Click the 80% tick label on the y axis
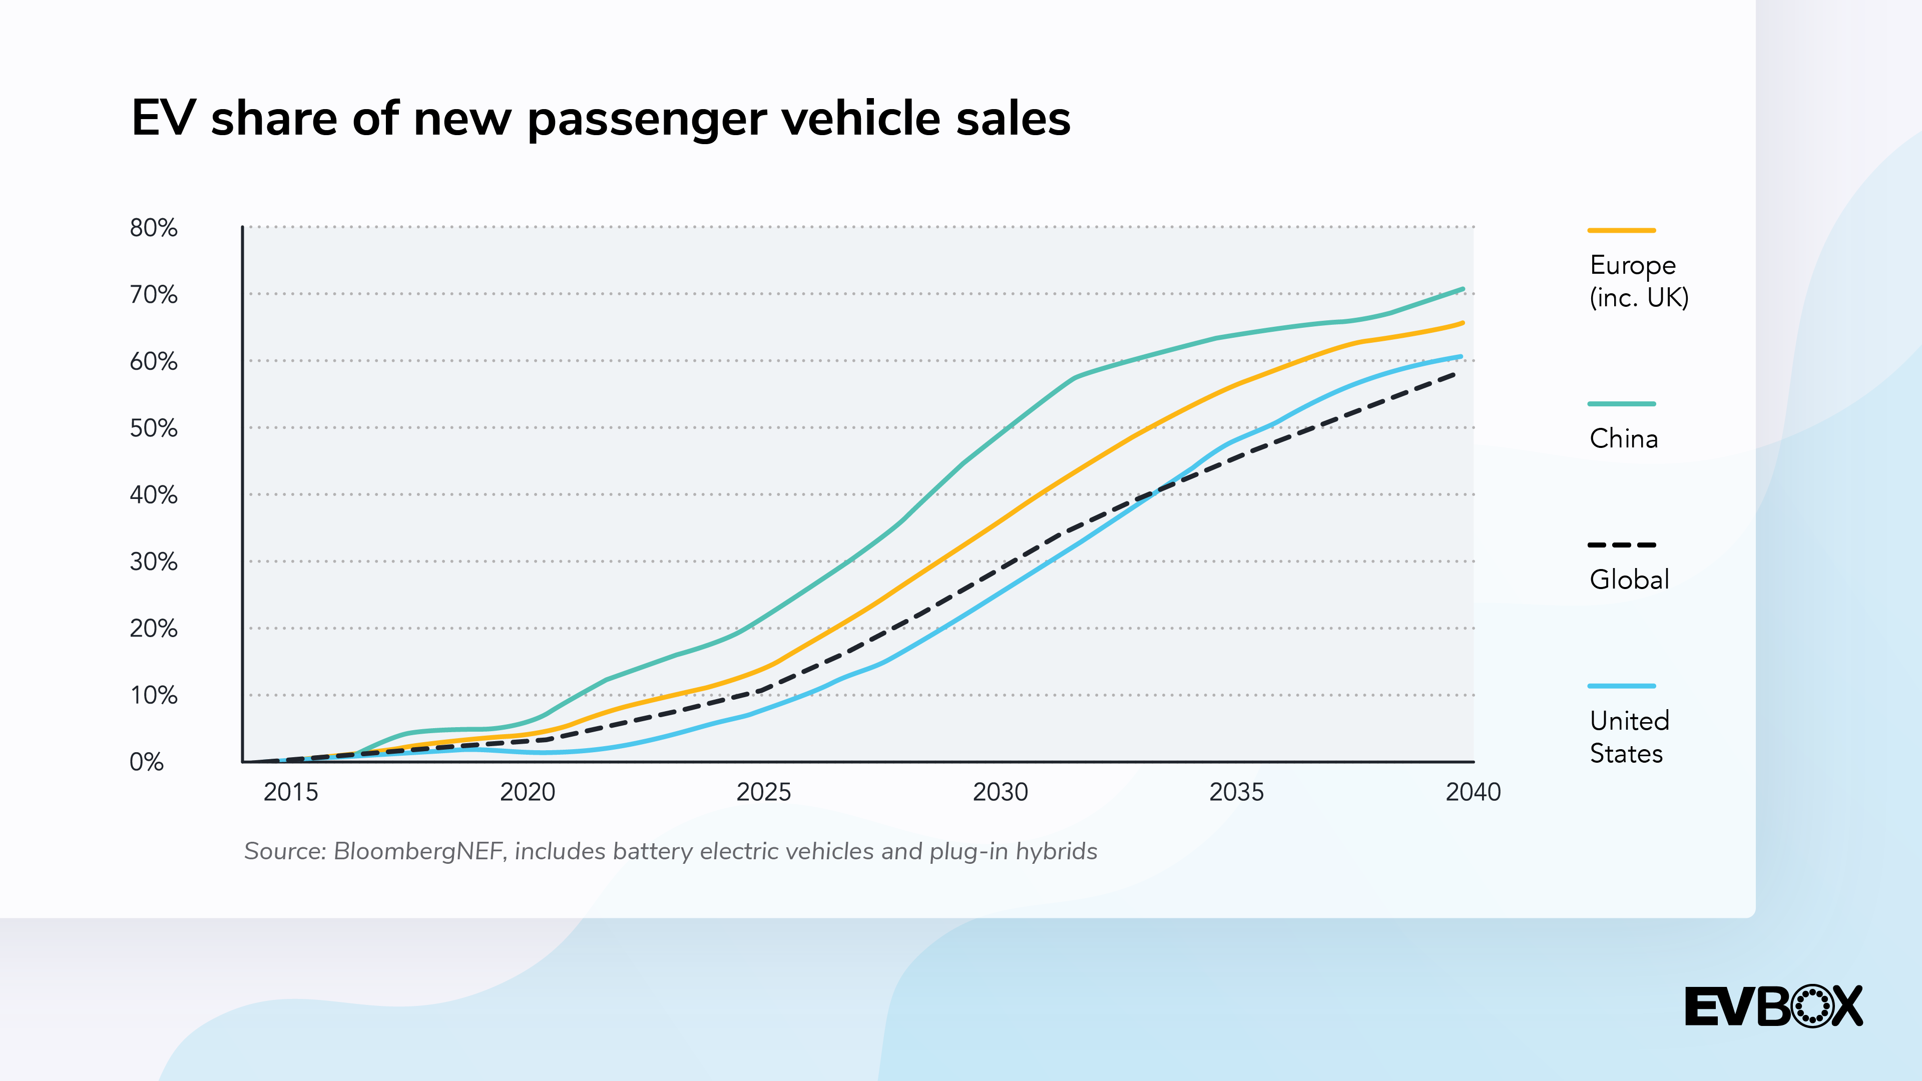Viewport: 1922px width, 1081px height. (154, 228)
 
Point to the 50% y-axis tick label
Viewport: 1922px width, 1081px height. (154, 428)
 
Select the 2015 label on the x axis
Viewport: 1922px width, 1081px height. (290, 792)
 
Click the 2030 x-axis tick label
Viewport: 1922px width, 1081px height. (1000, 792)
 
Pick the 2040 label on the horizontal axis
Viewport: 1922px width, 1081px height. (1473, 792)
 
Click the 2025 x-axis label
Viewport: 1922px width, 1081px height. (763, 792)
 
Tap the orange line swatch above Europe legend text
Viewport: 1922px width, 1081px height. (1621, 231)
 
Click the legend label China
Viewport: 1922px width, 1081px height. (1624, 439)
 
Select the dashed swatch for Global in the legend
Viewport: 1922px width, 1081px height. (1621, 545)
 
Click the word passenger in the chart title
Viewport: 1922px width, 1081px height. (647, 120)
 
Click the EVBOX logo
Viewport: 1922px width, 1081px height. (1773, 1006)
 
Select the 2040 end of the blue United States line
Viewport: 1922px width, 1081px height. (1460, 357)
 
